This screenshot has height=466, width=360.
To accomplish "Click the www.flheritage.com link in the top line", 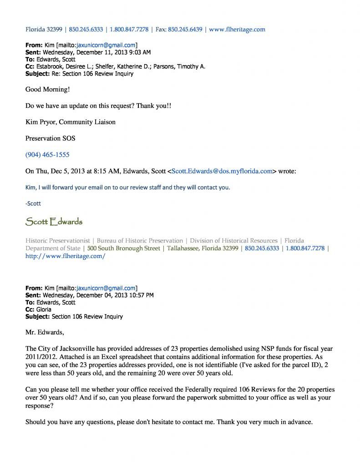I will [237, 30].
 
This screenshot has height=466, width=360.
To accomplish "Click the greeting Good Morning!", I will [48, 89].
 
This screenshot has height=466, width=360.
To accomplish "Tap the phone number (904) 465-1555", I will [47, 155].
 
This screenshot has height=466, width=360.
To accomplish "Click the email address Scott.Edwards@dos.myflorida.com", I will [222, 171].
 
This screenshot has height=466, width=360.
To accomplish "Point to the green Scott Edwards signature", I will [54, 222].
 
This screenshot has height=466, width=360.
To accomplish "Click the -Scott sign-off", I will [33, 203].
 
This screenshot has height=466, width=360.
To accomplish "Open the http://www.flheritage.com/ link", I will [65, 256].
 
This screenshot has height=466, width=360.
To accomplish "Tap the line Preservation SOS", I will [50, 138].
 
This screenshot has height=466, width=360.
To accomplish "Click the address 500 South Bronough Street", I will [124, 248].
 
